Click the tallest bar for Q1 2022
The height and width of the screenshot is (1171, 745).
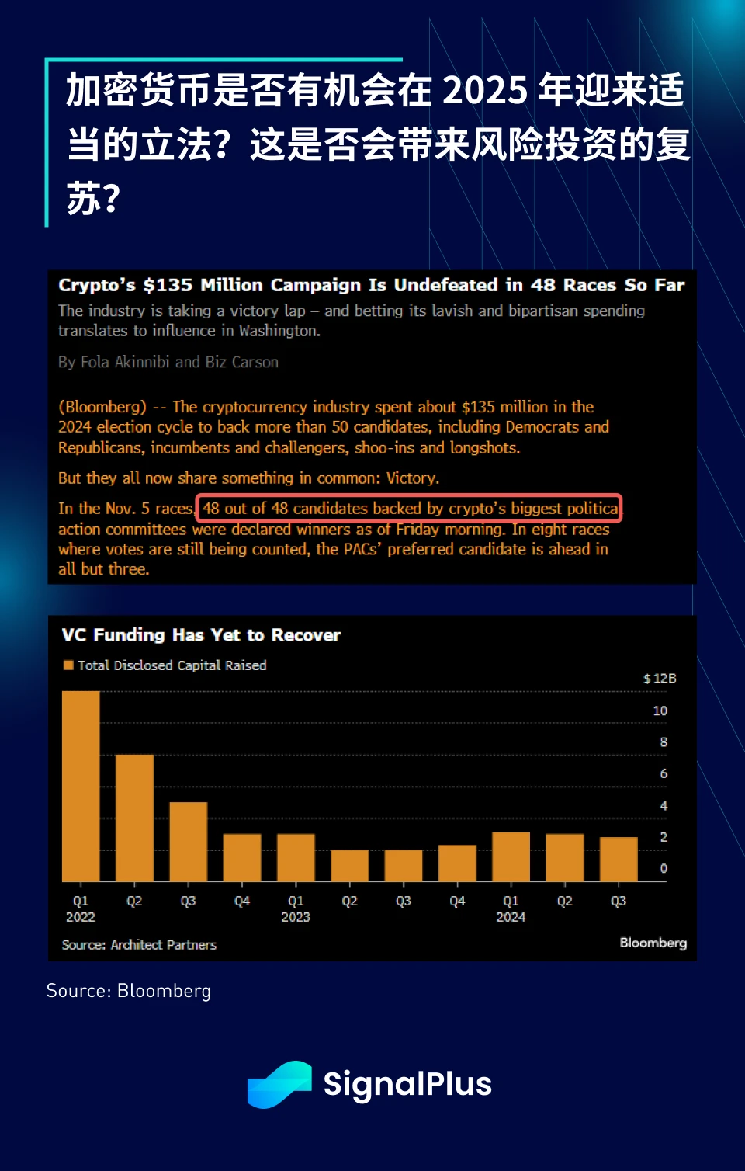pos(81,786)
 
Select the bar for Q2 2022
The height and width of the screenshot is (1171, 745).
pos(134,818)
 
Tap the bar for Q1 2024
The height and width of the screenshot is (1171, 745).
pos(511,857)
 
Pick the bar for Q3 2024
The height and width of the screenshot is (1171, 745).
pos(619,859)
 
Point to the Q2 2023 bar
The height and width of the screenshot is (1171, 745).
pos(349,865)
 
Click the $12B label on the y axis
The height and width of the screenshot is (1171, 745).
pos(660,679)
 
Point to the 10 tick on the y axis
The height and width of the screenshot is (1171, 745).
pos(660,711)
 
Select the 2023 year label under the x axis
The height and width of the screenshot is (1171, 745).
pos(296,917)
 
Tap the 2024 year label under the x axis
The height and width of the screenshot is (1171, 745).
pos(511,917)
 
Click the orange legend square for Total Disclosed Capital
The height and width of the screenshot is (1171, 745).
pos(68,665)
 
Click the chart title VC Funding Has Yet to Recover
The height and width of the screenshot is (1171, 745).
pos(201,635)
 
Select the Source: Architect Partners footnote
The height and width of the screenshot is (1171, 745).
pos(139,945)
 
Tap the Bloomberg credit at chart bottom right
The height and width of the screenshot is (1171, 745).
pos(653,943)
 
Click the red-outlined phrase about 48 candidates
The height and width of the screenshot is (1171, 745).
pos(410,509)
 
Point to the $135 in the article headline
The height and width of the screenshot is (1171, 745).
pos(167,285)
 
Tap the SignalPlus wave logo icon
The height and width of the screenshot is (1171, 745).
pos(279,1084)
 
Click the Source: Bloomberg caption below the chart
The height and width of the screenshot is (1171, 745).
pos(129,991)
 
